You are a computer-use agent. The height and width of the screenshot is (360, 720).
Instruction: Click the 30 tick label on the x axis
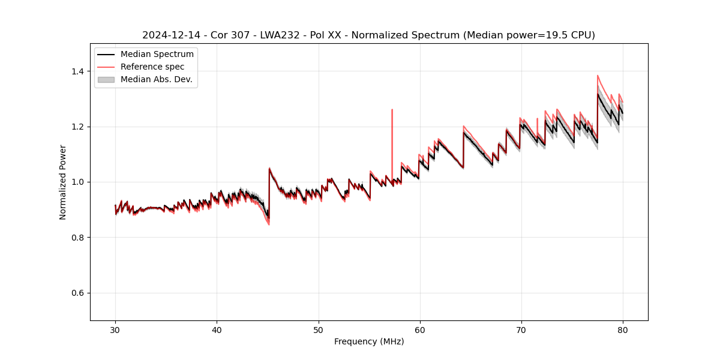click(115, 330)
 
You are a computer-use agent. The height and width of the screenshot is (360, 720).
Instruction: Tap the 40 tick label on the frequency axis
click(217, 330)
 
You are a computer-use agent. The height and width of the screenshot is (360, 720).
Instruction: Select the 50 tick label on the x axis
click(318, 330)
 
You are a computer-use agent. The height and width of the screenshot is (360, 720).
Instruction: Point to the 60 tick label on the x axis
click(420, 330)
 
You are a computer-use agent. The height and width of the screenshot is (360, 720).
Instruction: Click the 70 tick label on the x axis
click(521, 330)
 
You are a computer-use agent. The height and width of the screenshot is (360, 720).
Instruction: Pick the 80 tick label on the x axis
click(623, 330)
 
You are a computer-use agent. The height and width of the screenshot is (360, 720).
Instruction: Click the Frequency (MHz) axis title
click(369, 341)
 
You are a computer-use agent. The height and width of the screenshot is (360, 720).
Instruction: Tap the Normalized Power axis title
click(63, 182)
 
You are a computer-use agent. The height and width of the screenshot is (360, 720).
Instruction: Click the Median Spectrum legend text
click(157, 55)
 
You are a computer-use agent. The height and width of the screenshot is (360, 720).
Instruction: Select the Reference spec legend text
click(152, 67)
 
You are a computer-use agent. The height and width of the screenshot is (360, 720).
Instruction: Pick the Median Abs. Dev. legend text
click(157, 79)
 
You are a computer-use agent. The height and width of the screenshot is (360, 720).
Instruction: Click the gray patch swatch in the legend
click(106, 79)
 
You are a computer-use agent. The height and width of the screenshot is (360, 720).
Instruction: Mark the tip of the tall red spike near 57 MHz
click(392, 110)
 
